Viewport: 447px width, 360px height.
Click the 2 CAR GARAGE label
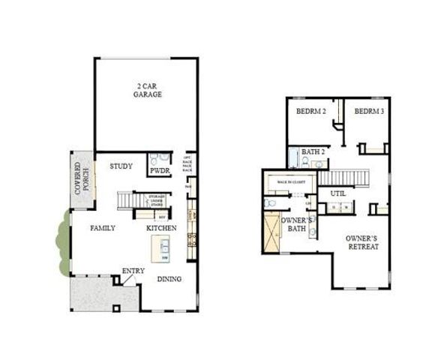pyautogui.click(x=148, y=91)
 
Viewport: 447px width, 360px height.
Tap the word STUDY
pyautogui.click(x=121, y=166)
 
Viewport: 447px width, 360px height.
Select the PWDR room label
pyautogui.click(x=160, y=172)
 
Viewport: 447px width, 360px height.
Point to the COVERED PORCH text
pyautogui.click(x=81, y=175)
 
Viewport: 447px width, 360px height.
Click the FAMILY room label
pyautogui.click(x=103, y=227)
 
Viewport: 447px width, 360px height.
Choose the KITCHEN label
pyautogui.click(x=161, y=227)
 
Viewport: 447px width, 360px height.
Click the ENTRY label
pyautogui.click(x=133, y=271)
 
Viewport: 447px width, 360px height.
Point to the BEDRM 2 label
pyautogui.click(x=311, y=112)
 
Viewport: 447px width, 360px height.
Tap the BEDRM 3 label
pyautogui.click(x=369, y=112)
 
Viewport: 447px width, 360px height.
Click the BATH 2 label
pyautogui.click(x=313, y=152)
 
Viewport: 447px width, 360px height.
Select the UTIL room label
pyautogui.click(x=337, y=194)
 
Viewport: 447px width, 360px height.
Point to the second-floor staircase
pyautogui.click(x=346, y=179)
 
